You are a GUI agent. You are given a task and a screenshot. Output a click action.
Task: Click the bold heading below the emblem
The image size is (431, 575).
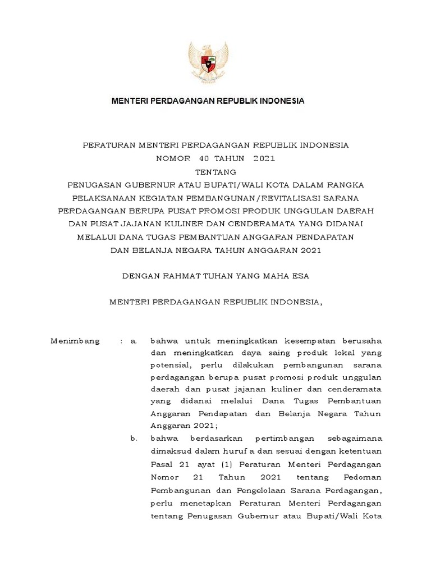point(208,101)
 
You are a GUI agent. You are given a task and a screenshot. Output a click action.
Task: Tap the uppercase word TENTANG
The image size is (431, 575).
point(215,172)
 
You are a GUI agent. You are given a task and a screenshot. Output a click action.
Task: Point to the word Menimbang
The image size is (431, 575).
point(75,341)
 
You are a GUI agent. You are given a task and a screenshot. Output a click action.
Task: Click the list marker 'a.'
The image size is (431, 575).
point(134,341)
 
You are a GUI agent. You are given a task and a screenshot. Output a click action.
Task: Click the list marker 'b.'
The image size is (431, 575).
point(134,438)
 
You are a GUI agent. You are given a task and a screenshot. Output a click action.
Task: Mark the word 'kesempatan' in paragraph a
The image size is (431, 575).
point(292,341)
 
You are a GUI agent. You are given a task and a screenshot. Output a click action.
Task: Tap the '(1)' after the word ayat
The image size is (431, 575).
point(226,464)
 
